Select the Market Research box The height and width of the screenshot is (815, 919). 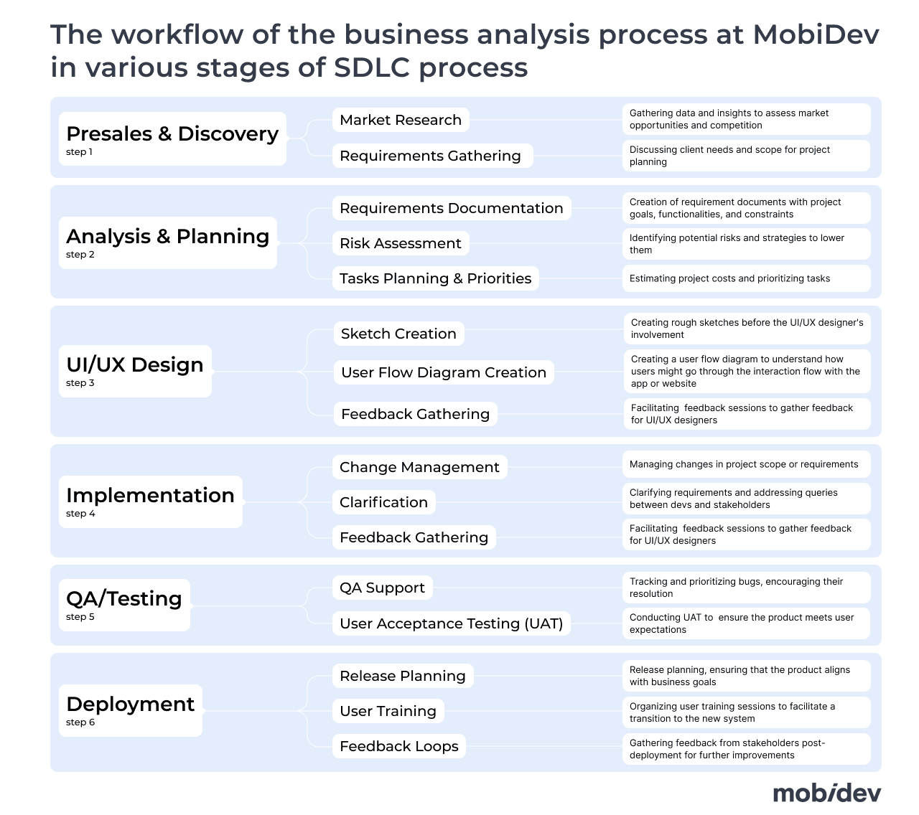pos(401,120)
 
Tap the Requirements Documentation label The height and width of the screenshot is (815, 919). pos(452,208)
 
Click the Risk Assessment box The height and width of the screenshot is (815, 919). pos(401,243)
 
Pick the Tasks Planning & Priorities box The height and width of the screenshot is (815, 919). pos(436,278)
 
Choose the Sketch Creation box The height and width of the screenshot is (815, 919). pos(398,334)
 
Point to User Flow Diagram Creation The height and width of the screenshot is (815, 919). pos(444,372)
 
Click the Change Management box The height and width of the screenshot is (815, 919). pos(419,467)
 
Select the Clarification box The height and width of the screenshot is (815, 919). pos(383,502)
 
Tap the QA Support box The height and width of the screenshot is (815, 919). pos(383,588)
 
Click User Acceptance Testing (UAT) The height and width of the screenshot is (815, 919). pos(452,623)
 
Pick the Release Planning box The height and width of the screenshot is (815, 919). pos(403,676)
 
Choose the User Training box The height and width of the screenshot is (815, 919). pos(388,711)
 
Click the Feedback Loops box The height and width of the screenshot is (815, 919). pos(399,746)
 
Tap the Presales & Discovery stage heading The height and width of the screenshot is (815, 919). pos(172,133)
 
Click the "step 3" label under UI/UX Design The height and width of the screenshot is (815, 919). pos(80,383)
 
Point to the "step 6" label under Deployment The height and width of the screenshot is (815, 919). pos(80,722)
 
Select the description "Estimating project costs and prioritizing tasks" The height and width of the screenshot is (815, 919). pos(729,278)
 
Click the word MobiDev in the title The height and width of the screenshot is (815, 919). pos(816,34)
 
